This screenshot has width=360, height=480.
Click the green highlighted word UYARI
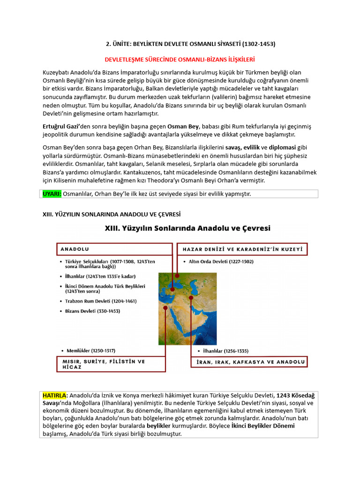point(52,194)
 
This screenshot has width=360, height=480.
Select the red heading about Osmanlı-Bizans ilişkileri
point(180,60)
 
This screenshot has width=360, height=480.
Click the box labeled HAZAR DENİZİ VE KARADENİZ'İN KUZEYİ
point(242,249)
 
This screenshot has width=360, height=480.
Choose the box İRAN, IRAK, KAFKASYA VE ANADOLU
point(248,362)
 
